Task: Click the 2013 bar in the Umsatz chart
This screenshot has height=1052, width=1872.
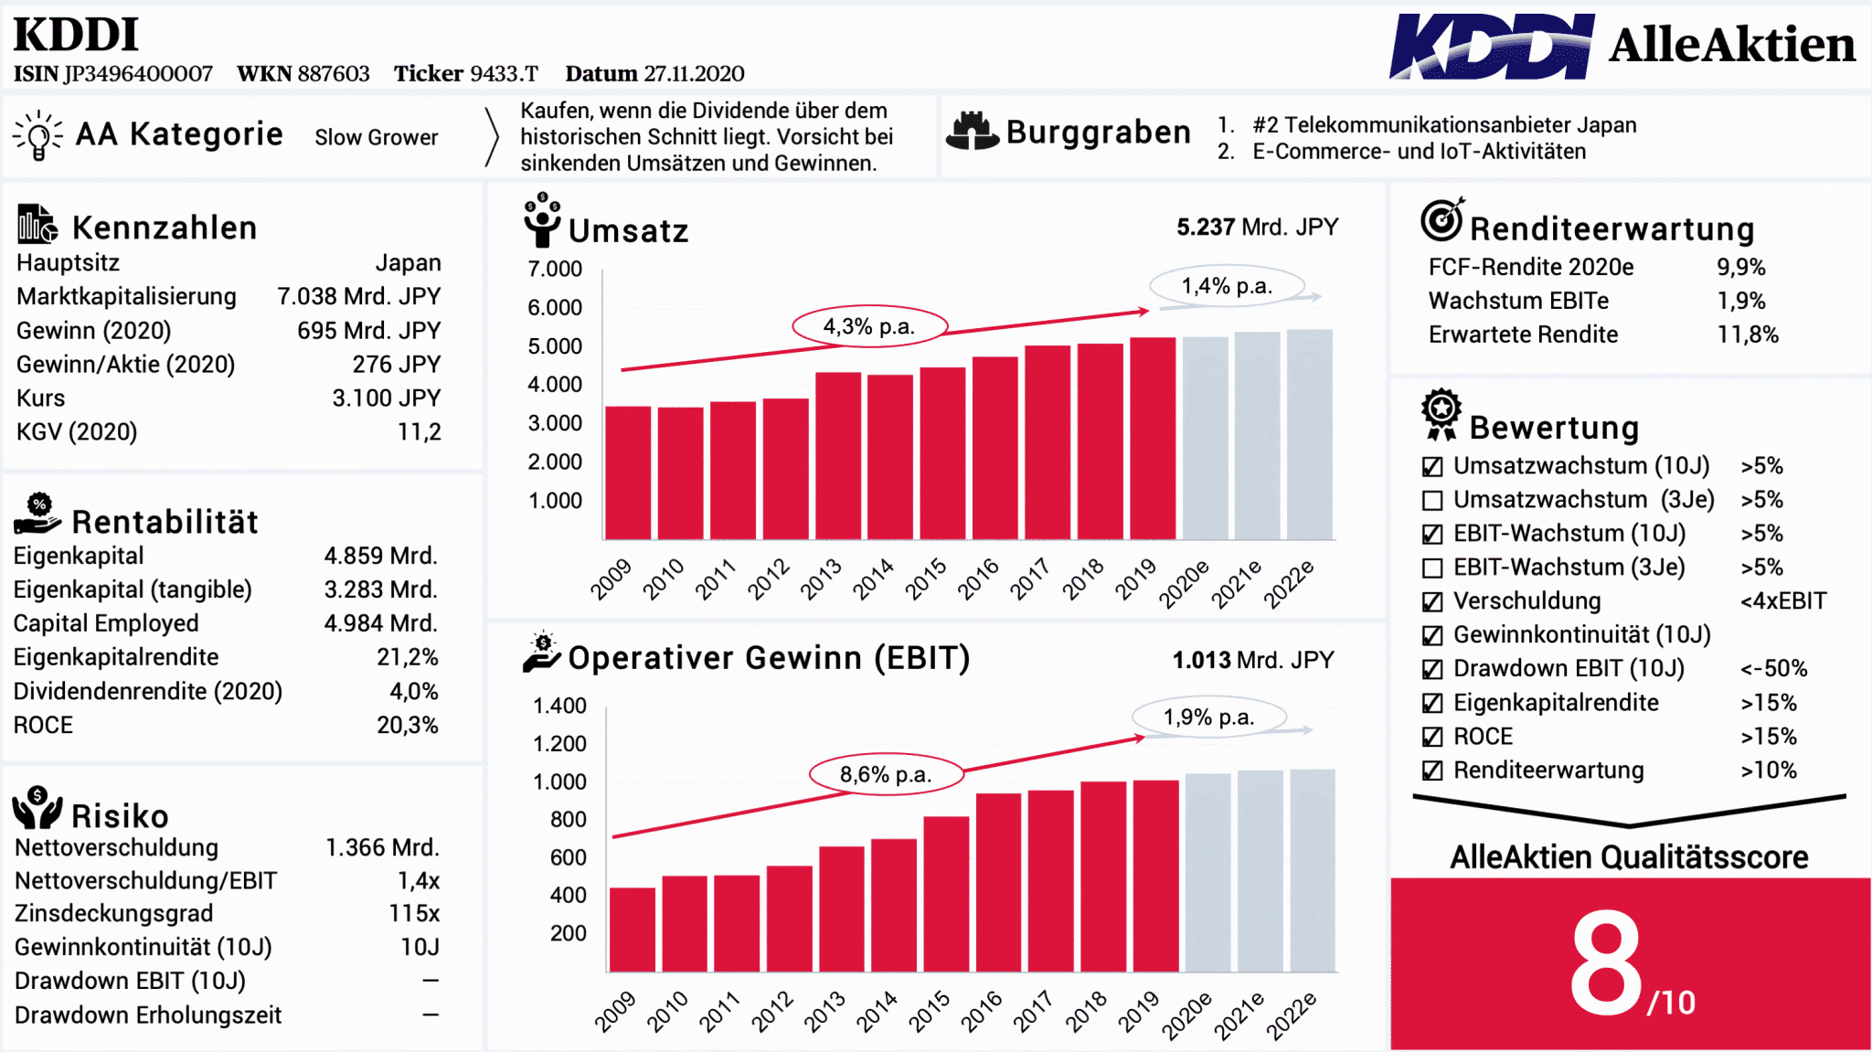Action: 838,455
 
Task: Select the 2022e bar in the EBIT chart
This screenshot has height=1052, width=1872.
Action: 1313,870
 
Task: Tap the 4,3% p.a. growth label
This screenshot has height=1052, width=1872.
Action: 869,326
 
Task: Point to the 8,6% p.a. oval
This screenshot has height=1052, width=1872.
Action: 886,774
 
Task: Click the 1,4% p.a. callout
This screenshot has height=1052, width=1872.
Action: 1227,286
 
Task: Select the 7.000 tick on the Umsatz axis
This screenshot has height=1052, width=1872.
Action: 555,269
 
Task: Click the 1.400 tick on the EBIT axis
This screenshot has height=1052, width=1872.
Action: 559,706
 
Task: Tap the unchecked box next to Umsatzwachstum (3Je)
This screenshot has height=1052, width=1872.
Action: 1432,500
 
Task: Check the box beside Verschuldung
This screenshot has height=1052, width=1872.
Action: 1432,601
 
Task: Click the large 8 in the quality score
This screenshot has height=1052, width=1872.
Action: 1606,963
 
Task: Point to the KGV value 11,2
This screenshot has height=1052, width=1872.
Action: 419,431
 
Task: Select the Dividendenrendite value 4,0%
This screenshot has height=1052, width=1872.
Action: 414,691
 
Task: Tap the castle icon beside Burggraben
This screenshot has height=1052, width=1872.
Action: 972,131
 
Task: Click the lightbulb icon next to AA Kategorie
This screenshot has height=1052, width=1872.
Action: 38,135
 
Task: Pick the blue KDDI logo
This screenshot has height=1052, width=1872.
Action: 1492,46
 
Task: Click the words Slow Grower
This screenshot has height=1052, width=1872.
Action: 377,137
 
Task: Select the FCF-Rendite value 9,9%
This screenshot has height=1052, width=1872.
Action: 1740,267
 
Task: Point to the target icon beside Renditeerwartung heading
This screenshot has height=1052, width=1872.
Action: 1442,219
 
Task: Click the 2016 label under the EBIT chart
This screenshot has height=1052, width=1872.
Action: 980,1012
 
